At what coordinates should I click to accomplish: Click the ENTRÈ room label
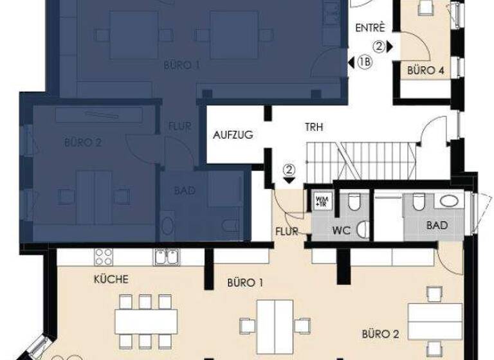click(x=370, y=28)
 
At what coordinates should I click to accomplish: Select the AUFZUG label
click(x=233, y=135)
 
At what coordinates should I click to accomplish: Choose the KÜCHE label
click(x=111, y=279)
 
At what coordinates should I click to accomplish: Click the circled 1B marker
click(x=365, y=62)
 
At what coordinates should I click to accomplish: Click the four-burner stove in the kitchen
click(x=104, y=256)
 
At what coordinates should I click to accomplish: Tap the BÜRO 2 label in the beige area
click(x=381, y=334)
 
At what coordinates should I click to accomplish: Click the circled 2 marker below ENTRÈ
click(x=380, y=46)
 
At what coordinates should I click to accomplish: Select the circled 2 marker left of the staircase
click(x=289, y=170)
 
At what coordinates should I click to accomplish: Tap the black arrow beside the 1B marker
click(x=350, y=62)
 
